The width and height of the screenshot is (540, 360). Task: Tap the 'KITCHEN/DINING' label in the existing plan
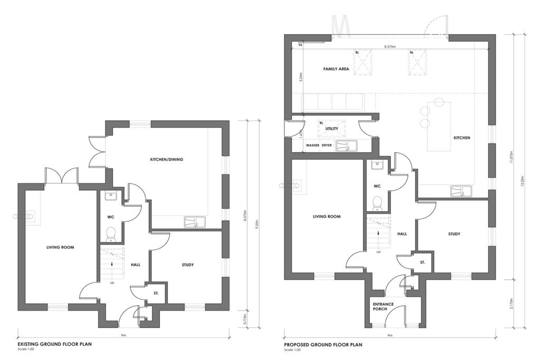tap(167, 159)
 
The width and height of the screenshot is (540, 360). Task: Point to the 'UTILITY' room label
tap(331, 128)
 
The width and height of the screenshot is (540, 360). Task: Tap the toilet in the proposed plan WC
tap(378, 203)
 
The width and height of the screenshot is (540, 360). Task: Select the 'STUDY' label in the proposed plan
tap(454, 233)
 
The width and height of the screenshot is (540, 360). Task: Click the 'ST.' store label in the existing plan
tap(156, 294)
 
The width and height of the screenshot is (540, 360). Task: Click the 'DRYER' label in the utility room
tap(327, 145)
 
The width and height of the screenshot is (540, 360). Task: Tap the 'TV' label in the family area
tap(300, 46)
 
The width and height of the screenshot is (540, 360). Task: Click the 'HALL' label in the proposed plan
tap(401, 233)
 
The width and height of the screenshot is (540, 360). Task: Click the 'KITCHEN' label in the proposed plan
tap(461, 138)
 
